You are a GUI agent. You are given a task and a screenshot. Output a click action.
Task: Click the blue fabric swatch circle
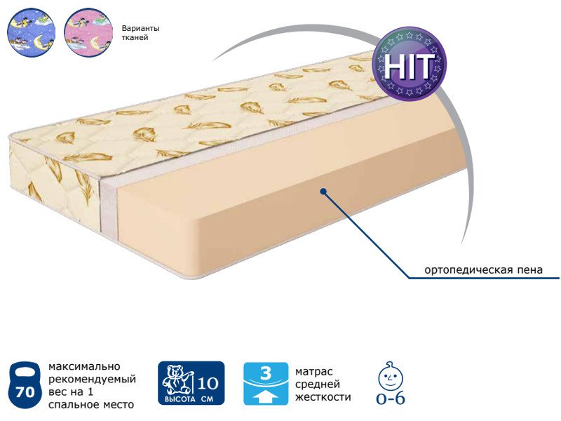coord(31,32)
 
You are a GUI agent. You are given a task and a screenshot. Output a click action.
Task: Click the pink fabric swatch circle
coord(88,32)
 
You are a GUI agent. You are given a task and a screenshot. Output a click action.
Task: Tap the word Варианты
coord(140,28)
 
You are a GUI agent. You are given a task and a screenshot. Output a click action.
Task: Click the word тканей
coord(135,38)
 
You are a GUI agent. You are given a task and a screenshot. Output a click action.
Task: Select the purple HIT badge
coord(410,63)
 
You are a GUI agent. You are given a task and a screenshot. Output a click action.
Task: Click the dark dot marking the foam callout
coord(323,192)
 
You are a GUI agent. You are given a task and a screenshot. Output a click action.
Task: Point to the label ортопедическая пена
coord(483,269)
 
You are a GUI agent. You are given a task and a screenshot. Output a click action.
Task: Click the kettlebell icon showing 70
coord(25,385)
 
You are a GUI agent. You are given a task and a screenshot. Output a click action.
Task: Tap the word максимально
coord(84,366)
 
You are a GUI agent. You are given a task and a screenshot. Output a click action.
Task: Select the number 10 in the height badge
coord(208,383)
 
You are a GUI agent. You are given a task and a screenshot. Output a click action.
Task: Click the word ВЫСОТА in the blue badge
coord(180,399)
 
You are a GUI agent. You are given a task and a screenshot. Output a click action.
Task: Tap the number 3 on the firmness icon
coord(266,373)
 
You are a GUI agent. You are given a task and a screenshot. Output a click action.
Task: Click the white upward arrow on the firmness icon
coord(265,396)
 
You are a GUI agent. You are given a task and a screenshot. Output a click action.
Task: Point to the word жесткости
coord(323,397)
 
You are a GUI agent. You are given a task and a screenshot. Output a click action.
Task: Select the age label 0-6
coord(391,399)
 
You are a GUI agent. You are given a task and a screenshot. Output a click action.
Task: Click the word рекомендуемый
coord(93,380)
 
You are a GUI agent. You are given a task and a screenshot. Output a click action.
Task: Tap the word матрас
coord(313,372)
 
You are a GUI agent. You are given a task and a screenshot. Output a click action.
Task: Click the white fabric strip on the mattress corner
coord(109,205)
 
